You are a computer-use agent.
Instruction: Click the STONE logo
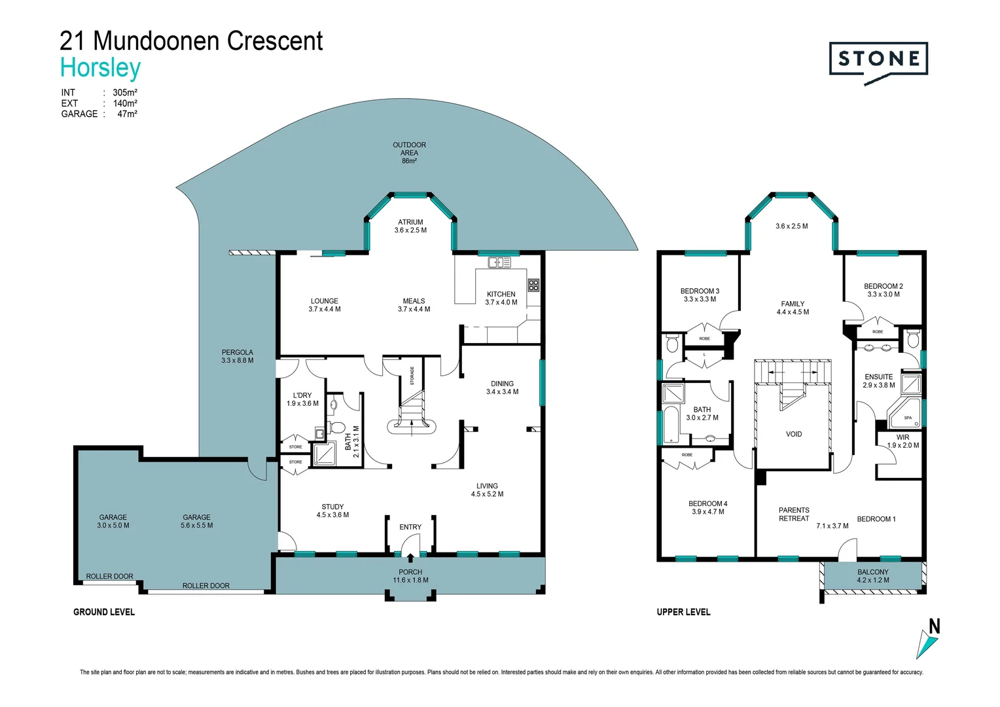[878, 60]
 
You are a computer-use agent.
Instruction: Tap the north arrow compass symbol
[929, 640]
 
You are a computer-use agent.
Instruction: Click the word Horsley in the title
[101, 68]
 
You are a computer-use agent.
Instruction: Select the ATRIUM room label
[410, 227]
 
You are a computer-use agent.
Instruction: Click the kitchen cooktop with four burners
[533, 285]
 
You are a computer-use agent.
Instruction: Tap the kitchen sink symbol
[499, 263]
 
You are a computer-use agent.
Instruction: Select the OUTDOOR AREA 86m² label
[409, 153]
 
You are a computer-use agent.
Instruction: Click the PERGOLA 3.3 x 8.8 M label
[237, 356]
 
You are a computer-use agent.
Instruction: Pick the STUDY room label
[332, 511]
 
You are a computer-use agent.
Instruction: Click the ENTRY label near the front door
[410, 527]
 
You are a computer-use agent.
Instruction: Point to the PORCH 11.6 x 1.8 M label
[410, 576]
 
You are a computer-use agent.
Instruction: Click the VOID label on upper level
[793, 434]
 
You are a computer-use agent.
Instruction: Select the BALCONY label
[873, 575]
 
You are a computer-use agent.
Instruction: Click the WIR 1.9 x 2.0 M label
[902, 441]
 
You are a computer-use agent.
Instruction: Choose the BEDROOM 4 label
[707, 507]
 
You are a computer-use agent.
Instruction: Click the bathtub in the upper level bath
[671, 425]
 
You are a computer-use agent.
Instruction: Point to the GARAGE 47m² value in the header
[127, 114]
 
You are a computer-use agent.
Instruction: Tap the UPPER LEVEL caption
[683, 612]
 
